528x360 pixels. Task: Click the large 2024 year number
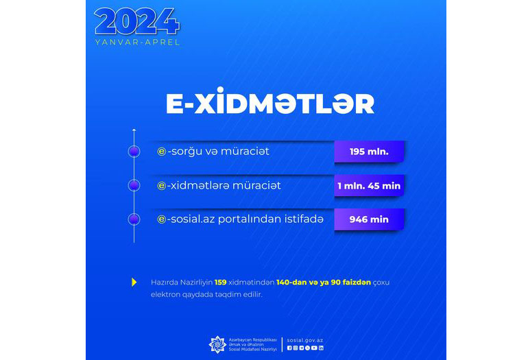tap(136, 21)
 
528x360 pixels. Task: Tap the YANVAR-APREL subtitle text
tap(137, 43)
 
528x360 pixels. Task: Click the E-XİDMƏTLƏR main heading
tap(270, 101)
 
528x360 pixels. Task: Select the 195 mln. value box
tap(369, 152)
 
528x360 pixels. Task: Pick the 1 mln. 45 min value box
tap(369, 186)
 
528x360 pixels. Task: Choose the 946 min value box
tap(369, 219)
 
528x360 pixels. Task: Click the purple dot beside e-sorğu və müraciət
tap(134, 152)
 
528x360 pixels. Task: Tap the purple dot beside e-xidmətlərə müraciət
tap(134, 186)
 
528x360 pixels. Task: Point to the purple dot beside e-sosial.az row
tap(134, 219)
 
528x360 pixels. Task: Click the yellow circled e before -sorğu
tap(162, 152)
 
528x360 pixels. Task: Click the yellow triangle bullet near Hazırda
tap(134, 283)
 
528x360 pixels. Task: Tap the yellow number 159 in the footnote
tap(221, 283)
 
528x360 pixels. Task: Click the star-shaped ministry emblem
tap(217, 344)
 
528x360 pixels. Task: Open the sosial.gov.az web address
tap(305, 341)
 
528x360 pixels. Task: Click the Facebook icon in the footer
tap(289, 348)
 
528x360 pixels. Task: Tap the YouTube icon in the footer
tap(314, 348)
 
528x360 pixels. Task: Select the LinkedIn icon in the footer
tap(321, 348)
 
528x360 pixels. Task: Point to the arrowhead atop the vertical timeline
tap(134, 130)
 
